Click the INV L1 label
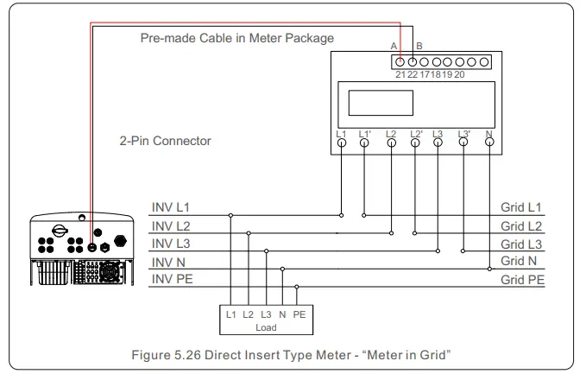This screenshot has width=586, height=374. pyautogui.click(x=169, y=209)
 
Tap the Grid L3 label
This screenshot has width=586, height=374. pyautogui.click(x=521, y=244)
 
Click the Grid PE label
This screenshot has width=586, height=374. pyautogui.click(x=522, y=281)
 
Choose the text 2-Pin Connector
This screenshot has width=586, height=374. pyautogui.click(x=167, y=140)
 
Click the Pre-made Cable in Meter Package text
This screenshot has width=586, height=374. pyautogui.click(x=237, y=39)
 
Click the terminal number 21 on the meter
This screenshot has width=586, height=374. pyautogui.click(x=400, y=75)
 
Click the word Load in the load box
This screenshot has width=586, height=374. pyautogui.click(x=265, y=328)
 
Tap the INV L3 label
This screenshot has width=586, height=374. pyautogui.click(x=169, y=244)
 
